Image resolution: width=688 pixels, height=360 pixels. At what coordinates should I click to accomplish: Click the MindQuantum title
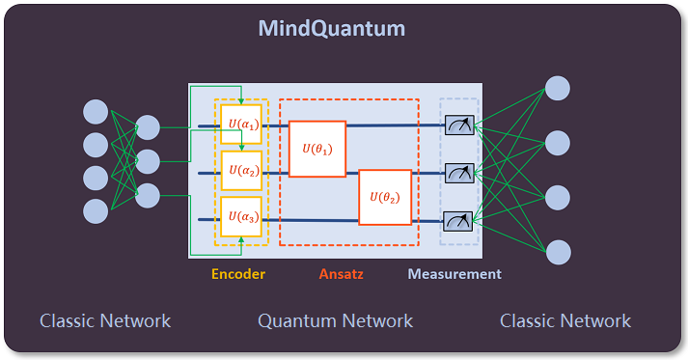coord(331,28)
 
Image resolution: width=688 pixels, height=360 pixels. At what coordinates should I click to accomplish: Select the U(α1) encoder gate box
coord(240,125)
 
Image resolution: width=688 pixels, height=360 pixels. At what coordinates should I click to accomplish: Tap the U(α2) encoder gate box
coord(240,171)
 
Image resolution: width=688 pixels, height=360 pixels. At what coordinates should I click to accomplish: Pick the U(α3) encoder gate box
coord(240,217)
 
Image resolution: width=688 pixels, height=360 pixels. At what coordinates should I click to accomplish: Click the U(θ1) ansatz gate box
coord(316,149)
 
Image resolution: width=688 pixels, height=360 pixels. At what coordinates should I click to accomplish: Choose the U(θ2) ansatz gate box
coord(385,197)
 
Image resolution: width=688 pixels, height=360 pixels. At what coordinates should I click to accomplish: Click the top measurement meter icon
coord(458,125)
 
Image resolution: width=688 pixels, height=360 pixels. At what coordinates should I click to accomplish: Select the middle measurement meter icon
coord(458,172)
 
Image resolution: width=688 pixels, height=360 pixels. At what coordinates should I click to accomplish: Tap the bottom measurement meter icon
coord(458,219)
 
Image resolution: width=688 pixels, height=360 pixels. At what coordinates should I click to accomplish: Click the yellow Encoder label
coord(238,274)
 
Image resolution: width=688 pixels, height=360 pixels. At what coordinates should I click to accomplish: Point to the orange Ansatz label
coord(343,274)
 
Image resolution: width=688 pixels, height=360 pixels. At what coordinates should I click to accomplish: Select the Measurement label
coord(454,274)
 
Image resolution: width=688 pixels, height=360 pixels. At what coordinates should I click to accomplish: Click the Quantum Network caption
coord(335,320)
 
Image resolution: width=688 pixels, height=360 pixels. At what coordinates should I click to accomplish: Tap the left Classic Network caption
coord(105,320)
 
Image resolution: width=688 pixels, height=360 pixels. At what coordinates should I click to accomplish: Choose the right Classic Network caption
coord(565,320)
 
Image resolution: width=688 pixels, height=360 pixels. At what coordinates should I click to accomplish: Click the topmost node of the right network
coord(558,88)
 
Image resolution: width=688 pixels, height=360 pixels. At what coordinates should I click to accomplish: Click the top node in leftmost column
coord(96,111)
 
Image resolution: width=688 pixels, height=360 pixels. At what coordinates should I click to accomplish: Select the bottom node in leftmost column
coord(96,210)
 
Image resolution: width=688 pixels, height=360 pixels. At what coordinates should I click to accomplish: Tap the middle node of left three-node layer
coord(148,160)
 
